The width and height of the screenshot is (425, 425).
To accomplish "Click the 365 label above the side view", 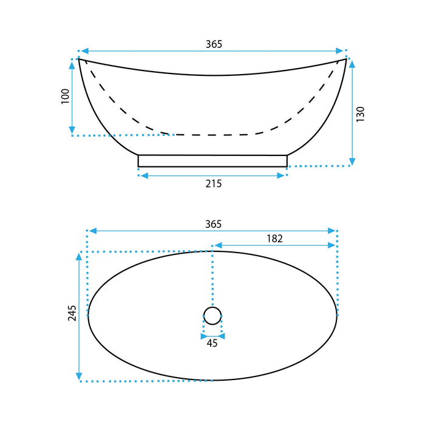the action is coord(214,44).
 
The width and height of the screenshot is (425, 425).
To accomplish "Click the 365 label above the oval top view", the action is coord(213,224).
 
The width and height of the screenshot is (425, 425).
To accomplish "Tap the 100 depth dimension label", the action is coord(66,96).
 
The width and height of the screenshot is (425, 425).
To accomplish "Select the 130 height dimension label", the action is coord(361,114).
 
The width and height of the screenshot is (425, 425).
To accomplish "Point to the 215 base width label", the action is coord(214,184).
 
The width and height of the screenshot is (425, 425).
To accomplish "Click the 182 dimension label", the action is coord(274,239).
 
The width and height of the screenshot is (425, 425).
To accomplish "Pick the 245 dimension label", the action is coord(72,313).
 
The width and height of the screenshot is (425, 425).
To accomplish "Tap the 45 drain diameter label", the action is coord(212,343).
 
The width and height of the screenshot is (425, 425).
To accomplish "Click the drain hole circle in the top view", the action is coord(212,307).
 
